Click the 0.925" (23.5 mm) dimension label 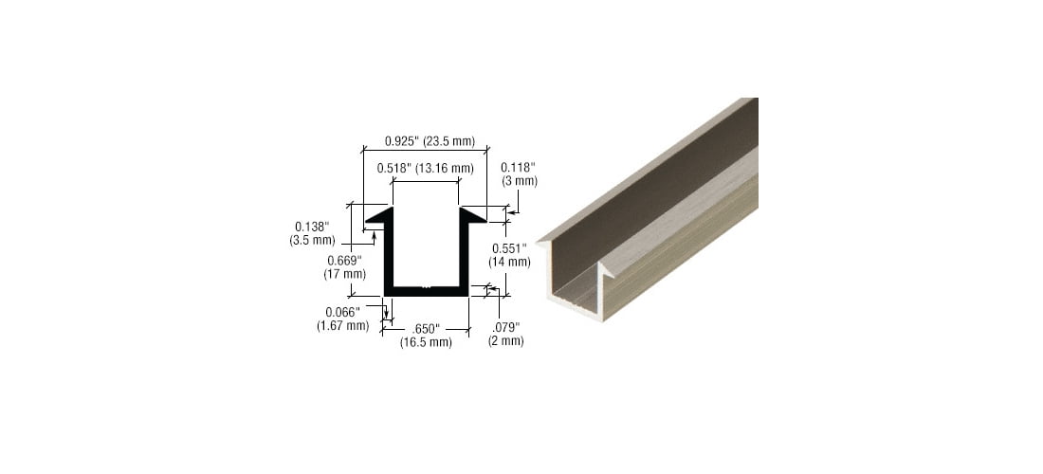click(x=430, y=141)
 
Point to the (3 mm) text click(x=519, y=180)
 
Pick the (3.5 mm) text click(x=312, y=241)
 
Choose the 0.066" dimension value click(x=341, y=312)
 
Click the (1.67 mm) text click(x=341, y=325)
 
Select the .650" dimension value click(x=426, y=329)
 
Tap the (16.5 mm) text click(x=426, y=342)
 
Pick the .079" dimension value click(x=505, y=327)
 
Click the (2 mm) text click(x=505, y=340)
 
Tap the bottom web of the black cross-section click(x=426, y=290)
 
